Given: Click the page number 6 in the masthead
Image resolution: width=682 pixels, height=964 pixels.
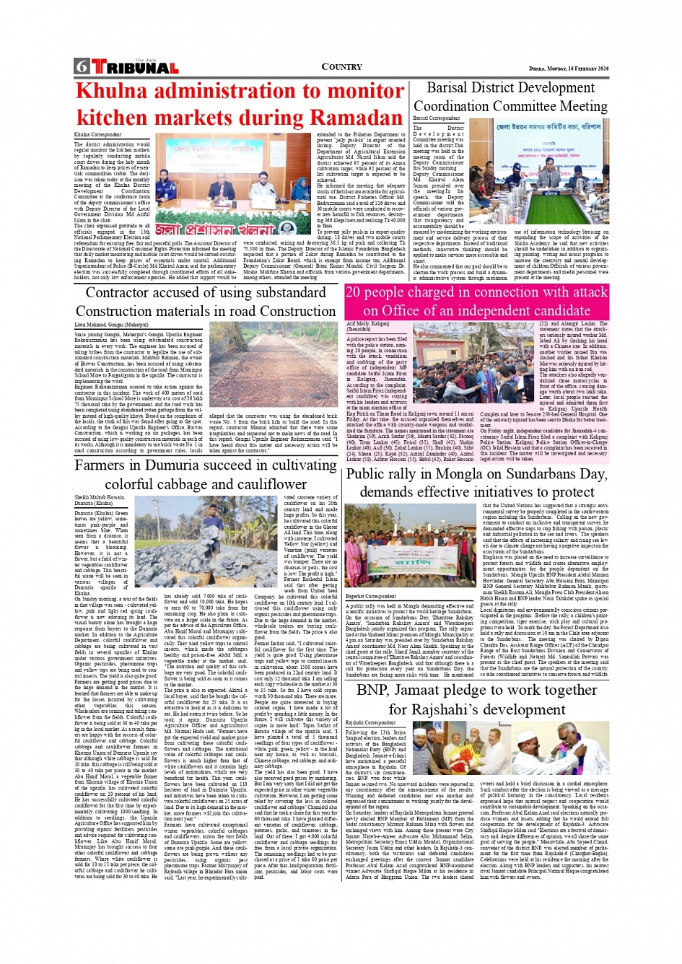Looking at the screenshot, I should point(81,67).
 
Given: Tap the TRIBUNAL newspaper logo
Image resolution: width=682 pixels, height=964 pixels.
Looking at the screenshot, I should point(135,67).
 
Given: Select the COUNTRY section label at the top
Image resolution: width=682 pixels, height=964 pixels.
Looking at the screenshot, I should point(341,66).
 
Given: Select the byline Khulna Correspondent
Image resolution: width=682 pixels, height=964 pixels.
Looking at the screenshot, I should point(97,135).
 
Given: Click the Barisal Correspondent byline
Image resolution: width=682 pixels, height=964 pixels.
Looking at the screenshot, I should point(437,118).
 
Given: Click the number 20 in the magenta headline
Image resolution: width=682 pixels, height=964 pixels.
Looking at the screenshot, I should point(354,293).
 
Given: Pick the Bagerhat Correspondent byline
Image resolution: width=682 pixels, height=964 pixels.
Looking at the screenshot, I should point(371,597).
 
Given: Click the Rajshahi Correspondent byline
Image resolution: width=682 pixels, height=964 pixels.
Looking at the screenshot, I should point(370,722).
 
